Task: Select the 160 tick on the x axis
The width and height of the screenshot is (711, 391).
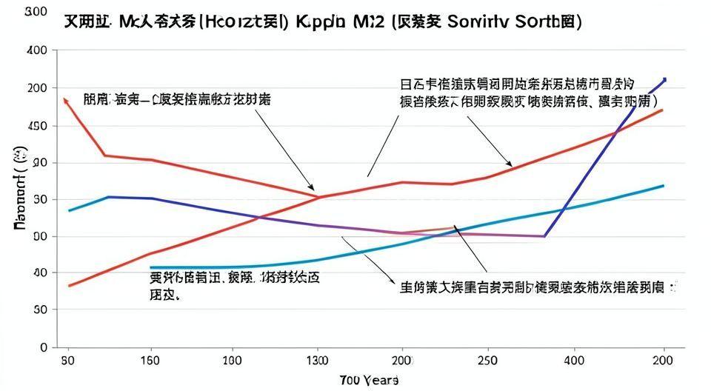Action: point(151,361)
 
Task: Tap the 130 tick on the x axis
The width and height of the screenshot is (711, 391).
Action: point(318,361)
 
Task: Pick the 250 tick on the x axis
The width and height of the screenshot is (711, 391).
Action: point(487,361)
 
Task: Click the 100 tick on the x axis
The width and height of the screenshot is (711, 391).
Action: point(234,361)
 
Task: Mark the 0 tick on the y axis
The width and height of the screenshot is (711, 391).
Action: point(44,347)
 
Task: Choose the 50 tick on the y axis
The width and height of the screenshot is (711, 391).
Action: point(40,310)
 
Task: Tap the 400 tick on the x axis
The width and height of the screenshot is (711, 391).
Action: point(570,361)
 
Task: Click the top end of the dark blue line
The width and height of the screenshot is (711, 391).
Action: point(664,79)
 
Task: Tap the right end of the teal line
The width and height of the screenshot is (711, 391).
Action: point(663,186)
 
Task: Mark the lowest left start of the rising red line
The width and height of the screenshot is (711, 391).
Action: point(69,285)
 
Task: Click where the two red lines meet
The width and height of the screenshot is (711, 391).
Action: point(319,196)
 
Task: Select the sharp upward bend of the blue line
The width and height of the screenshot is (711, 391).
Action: point(545,236)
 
